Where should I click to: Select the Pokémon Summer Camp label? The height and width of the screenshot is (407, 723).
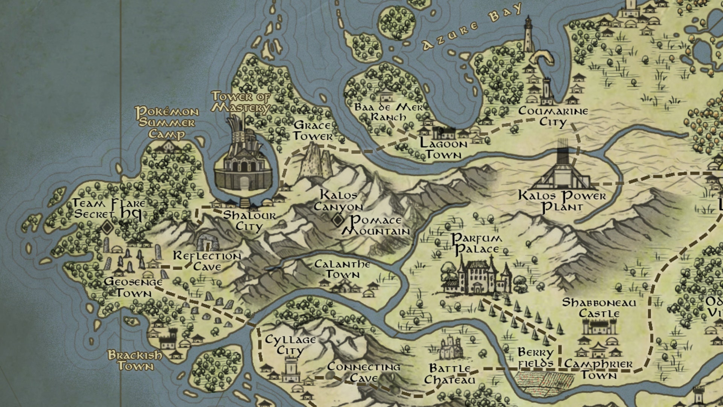click(167, 122)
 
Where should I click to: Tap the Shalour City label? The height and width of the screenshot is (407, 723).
click(249, 221)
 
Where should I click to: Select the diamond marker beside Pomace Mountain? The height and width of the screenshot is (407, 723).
click(338, 220)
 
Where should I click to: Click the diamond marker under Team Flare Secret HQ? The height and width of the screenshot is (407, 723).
click(107, 227)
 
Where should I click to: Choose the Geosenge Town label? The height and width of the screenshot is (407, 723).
click(133, 287)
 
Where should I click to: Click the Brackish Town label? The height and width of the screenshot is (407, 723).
click(135, 360)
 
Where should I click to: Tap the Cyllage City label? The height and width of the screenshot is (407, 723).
click(290, 345)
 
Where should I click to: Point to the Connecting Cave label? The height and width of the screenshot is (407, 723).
click(363, 372)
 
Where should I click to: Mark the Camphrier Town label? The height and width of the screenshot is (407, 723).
click(598, 370)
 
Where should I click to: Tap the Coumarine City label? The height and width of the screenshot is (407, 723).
click(553, 116)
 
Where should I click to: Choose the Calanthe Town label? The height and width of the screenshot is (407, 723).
click(342, 269)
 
